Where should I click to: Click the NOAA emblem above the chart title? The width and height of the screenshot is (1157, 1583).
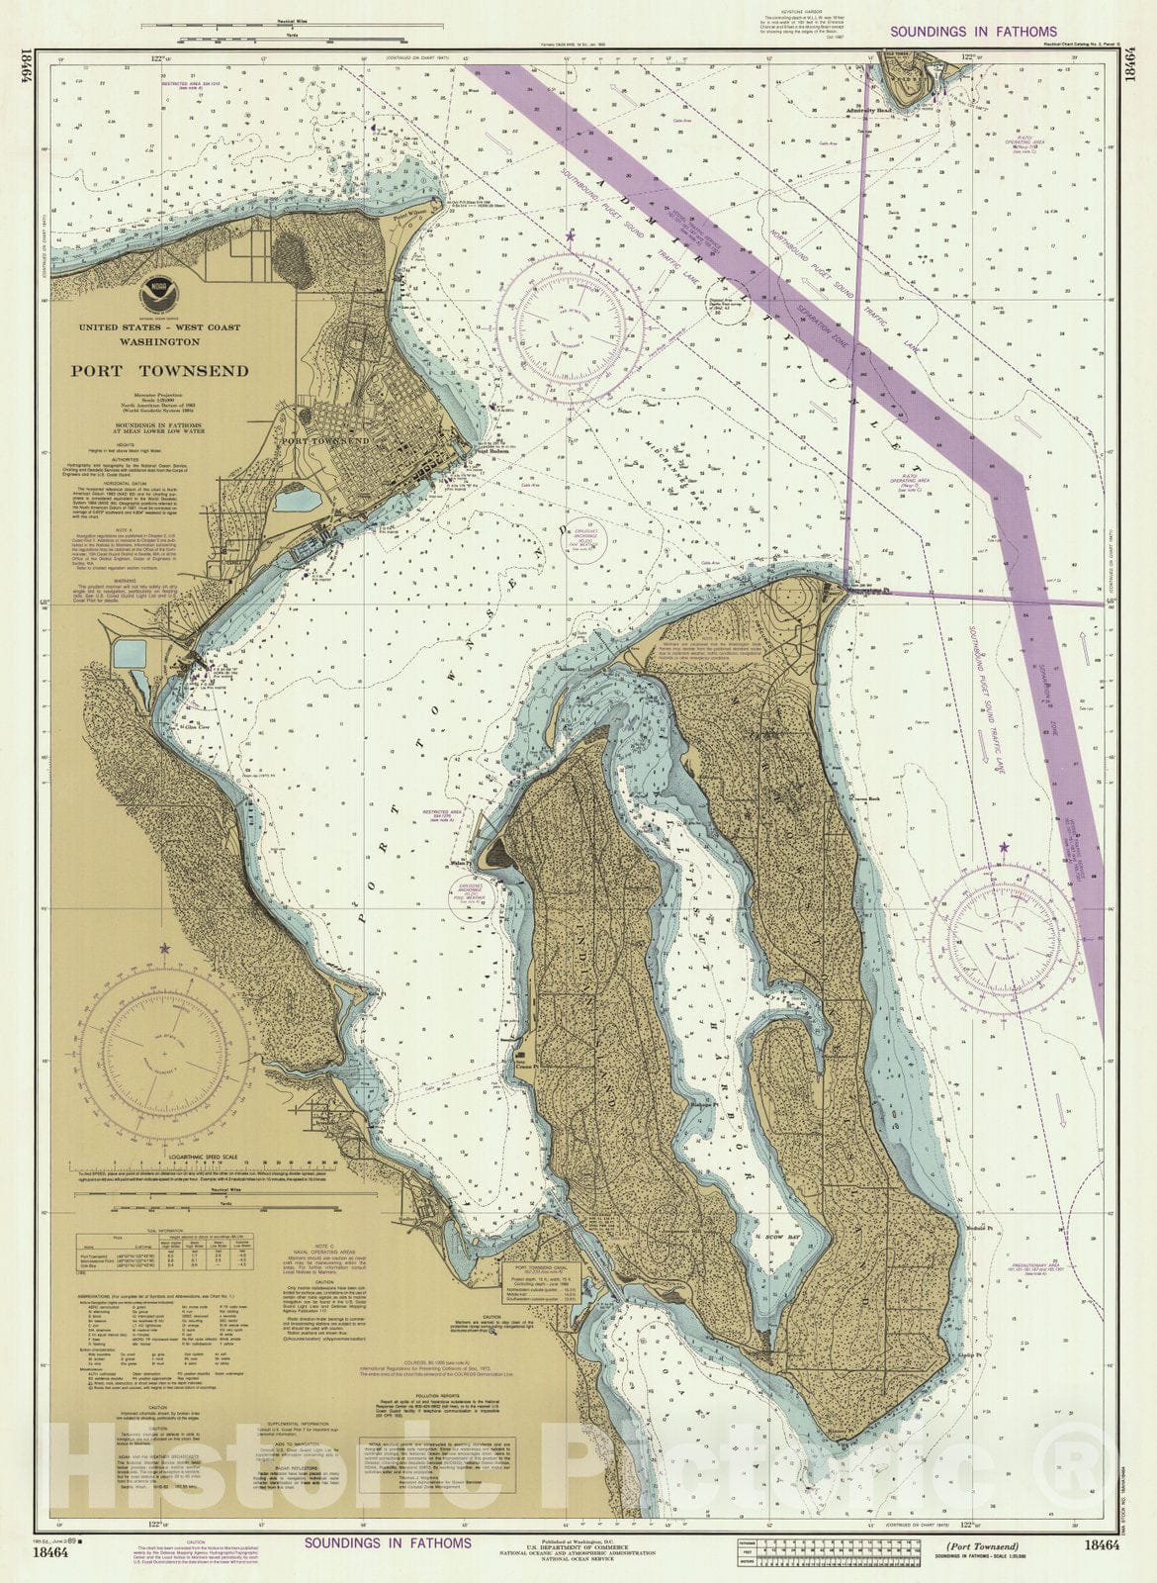point(154,291)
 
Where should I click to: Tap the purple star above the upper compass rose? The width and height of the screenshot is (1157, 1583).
point(571,236)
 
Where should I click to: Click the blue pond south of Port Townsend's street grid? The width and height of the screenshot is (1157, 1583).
point(297,500)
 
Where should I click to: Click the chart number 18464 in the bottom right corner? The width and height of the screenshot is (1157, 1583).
point(1101,1545)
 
